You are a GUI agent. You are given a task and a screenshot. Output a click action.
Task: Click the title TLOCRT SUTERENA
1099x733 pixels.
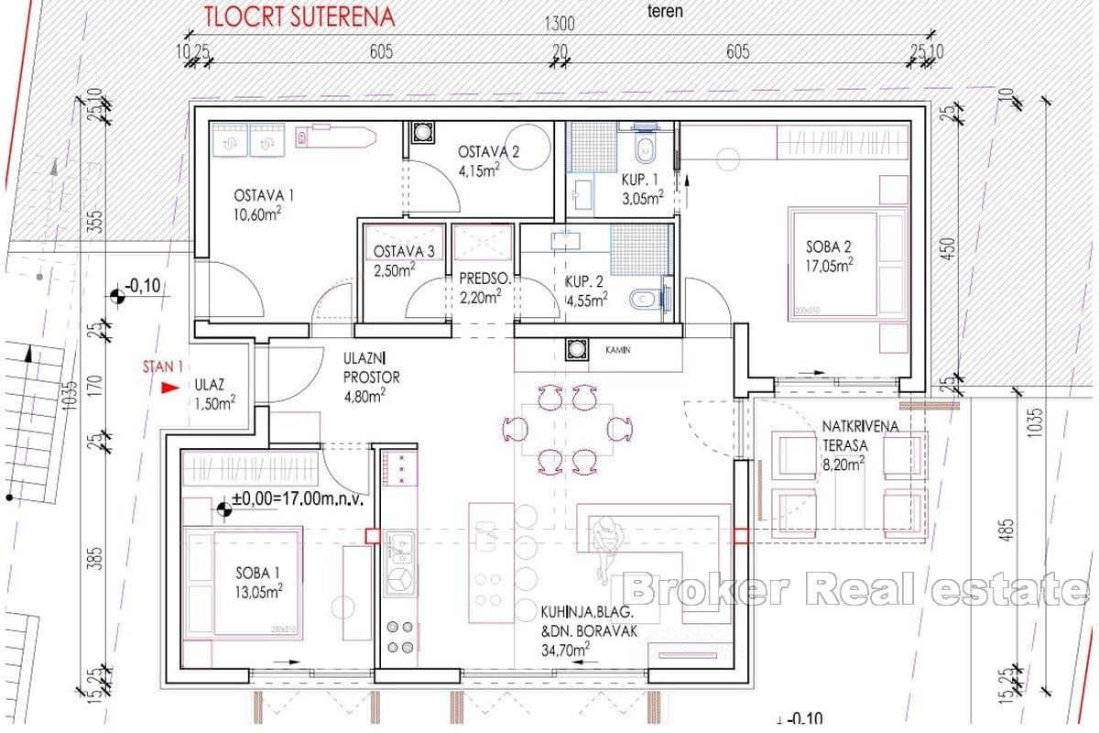288,16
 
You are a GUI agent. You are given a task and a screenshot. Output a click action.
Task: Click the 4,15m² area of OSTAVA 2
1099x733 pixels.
480,170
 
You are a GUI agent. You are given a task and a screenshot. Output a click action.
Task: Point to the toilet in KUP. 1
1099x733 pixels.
646,148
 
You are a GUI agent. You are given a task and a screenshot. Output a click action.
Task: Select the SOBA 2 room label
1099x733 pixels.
829,246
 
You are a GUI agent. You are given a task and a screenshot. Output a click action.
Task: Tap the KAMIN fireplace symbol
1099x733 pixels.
576,349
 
